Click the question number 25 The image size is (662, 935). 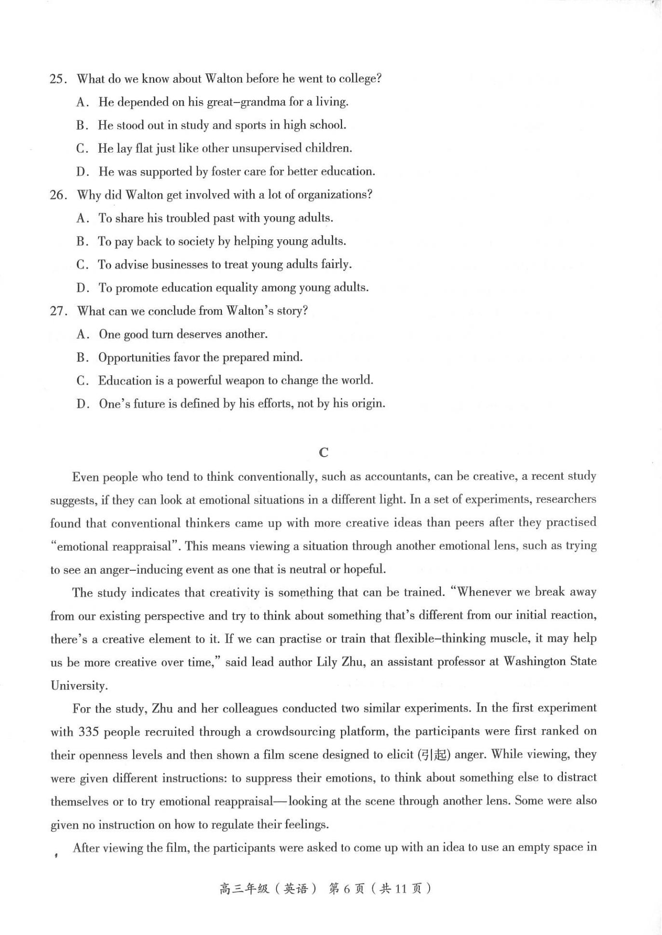57,79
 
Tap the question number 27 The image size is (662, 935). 57,311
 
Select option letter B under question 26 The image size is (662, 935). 81,241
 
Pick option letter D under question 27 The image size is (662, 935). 82,404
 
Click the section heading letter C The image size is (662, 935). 324,452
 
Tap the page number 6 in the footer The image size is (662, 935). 347,889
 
